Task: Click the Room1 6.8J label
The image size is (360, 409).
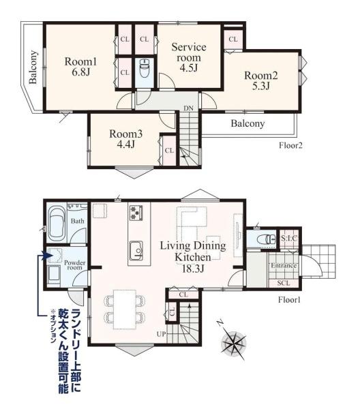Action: (x=80, y=67)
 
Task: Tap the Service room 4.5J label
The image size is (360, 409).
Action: (x=189, y=57)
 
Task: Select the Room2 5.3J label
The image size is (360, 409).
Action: (x=261, y=80)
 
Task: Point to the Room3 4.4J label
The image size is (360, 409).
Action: (x=125, y=138)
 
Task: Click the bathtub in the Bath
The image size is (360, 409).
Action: (x=57, y=224)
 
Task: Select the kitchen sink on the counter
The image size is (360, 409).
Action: (x=136, y=250)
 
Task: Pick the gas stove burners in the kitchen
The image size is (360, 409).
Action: (x=136, y=213)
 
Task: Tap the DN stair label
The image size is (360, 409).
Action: (x=188, y=108)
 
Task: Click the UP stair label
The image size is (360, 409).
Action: (x=161, y=334)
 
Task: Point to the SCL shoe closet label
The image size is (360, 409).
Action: (x=284, y=283)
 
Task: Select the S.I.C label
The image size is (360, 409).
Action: (x=289, y=238)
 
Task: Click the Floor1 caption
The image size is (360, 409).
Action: (x=289, y=300)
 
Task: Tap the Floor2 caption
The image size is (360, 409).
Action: (x=290, y=145)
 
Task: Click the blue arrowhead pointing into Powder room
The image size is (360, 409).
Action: (x=48, y=255)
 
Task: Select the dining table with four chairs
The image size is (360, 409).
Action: (x=125, y=309)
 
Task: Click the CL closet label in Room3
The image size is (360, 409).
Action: (x=169, y=151)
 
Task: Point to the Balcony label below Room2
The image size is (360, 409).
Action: (x=247, y=123)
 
